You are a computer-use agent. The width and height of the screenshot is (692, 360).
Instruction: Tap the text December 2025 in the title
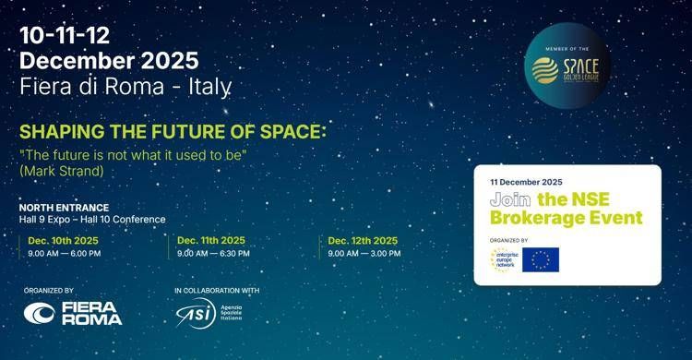coord(109,61)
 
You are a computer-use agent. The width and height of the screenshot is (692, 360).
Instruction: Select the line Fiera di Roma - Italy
coord(125,86)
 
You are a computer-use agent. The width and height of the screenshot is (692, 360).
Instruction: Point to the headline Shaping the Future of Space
coord(173,131)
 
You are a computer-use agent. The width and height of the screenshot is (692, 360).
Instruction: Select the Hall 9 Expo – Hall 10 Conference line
coord(92,220)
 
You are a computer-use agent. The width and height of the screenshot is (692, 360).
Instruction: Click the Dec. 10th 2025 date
coord(63,240)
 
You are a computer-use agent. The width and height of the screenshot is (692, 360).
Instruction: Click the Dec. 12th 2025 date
coord(364,240)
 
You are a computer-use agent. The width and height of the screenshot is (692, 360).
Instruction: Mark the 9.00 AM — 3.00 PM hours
coord(365,252)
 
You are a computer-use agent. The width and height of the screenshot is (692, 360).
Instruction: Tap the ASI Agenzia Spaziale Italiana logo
coord(213,313)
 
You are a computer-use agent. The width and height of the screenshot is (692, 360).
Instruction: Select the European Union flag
coord(541,259)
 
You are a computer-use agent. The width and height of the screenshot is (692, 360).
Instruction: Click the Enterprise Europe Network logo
coord(504,259)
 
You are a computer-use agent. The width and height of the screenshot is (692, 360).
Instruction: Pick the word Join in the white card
coord(509,199)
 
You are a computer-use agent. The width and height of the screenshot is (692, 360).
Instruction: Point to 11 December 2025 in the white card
coord(526,182)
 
